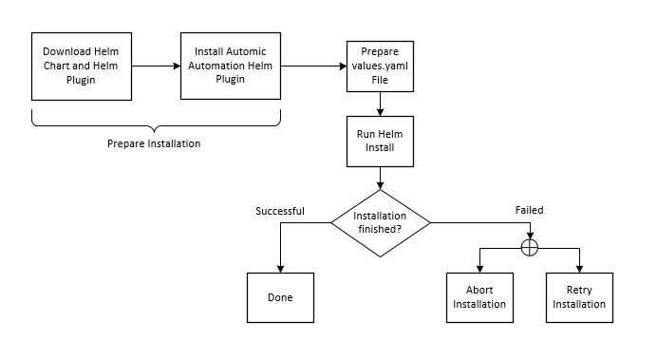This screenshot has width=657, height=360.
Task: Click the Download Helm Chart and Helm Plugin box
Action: click(81, 66)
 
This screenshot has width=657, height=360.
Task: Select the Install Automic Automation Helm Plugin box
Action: click(232, 66)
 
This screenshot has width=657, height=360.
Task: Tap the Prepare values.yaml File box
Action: click(380, 66)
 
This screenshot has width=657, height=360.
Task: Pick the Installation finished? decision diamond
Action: click(380, 222)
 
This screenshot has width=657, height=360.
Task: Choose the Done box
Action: click(280, 297)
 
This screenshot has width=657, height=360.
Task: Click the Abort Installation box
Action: click(479, 297)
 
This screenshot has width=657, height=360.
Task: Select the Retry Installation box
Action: click(579, 297)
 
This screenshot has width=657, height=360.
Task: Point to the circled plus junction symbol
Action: click(530, 248)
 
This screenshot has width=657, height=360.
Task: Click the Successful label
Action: click(280, 211)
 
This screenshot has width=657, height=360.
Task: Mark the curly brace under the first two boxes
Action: click(157, 122)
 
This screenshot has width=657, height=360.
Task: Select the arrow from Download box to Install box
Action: click(155, 66)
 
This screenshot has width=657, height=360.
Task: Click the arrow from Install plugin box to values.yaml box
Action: click(313, 66)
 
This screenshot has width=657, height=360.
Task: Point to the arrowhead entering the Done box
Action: click(280, 269)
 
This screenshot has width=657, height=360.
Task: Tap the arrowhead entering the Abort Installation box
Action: click(479, 269)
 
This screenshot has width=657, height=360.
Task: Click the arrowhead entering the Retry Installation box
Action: click(579, 269)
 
